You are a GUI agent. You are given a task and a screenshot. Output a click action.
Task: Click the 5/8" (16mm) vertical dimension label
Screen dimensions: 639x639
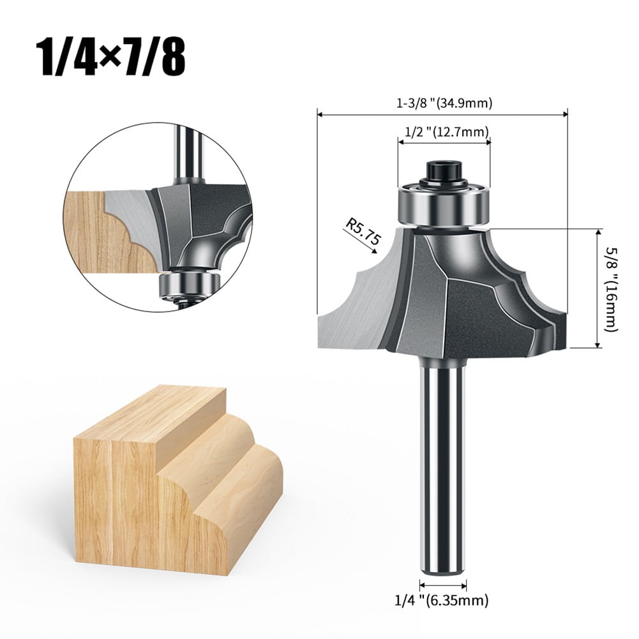point(612,289)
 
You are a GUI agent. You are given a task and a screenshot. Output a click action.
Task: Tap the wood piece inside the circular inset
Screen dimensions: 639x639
point(102,230)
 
